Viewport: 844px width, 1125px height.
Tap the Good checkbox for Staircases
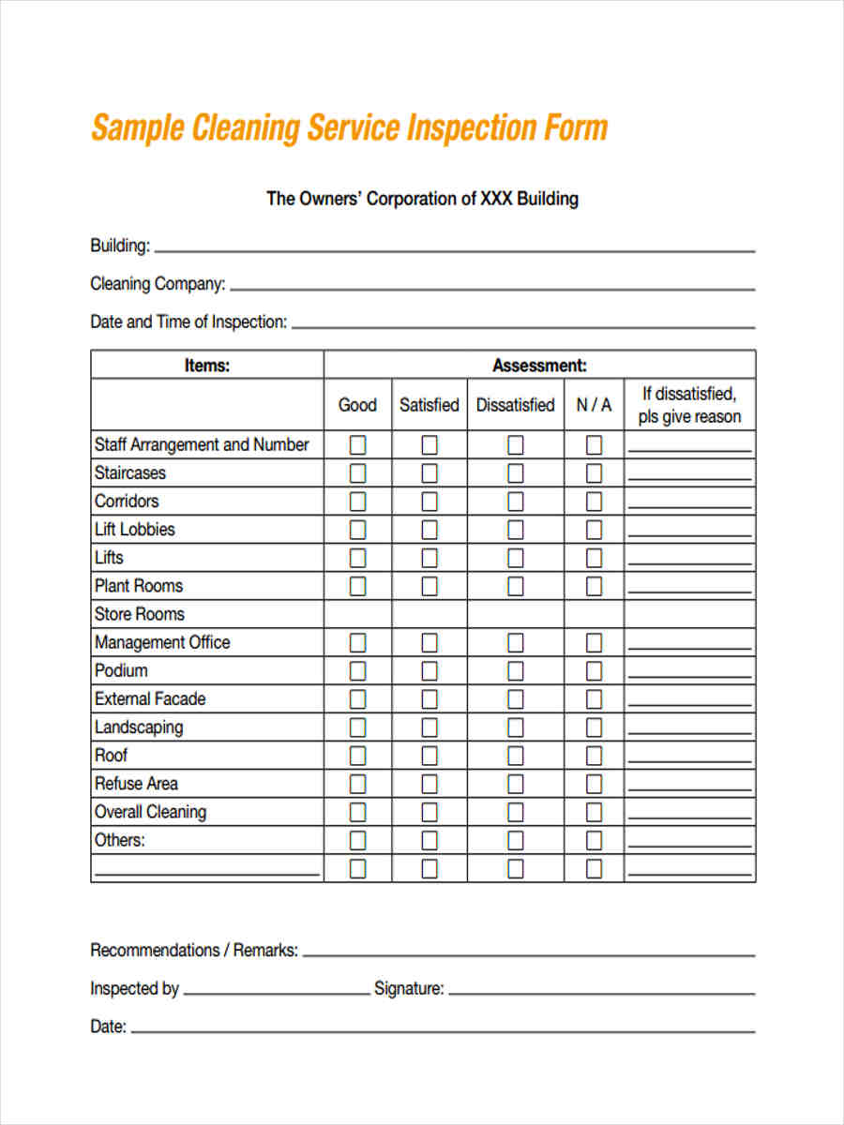[x=357, y=473]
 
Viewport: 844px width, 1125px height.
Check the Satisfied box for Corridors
[x=429, y=502]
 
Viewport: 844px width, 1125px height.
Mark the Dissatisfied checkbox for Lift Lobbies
[x=515, y=530]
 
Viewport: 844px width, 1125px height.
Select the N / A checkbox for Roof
[x=594, y=756]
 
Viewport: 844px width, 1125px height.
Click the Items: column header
[x=207, y=366]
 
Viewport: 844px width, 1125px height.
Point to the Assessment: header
[x=539, y=366]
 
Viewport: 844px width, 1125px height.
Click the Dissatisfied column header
[x=515, y=405]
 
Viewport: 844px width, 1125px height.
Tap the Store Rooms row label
[x=140, y=614]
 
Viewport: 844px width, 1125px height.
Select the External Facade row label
[x=150, y=699]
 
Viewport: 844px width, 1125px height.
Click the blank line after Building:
[x=455, y=249]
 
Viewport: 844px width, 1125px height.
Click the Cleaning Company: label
[x=158, y=284]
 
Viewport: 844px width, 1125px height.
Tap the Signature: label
[x=409, y=988]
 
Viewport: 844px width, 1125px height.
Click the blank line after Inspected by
[x=277, y=992]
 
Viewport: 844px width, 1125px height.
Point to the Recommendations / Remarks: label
[x=194, y=951]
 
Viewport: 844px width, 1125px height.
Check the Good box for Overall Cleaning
[x=357, y=812]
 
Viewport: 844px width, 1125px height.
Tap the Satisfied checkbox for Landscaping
[x=429, y=727]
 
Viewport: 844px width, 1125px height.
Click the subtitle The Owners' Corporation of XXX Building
[x=422, y=199]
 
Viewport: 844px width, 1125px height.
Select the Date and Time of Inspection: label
[x=188, y=322]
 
